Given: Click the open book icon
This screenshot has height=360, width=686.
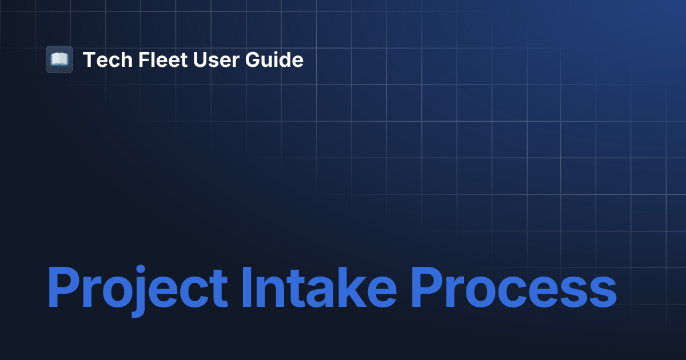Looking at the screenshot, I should [59, 59].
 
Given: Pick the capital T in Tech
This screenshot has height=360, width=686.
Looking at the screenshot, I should [89, 59].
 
